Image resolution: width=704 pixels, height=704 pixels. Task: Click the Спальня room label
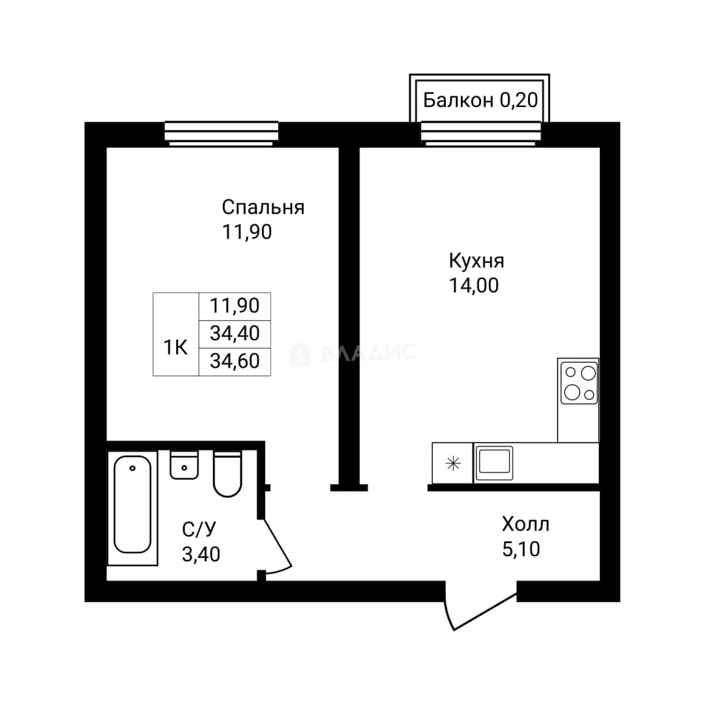click(x=263, y=208)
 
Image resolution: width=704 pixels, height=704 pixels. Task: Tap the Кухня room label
click(x=477, y=261)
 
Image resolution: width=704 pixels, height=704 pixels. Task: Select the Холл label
click(x=525, y=524)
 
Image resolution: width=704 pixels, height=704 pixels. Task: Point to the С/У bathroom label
click(x=199, y=529)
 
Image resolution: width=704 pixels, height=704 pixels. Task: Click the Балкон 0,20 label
click(x=480, y=100)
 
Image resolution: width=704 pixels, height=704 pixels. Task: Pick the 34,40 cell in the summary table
click(x=235, y=334)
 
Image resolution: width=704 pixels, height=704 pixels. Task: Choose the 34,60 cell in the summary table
click(x=235, y=361)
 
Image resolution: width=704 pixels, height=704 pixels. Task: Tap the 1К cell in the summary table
click(x=175, y=347)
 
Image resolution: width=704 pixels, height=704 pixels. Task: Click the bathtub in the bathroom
click(x=132, y=508)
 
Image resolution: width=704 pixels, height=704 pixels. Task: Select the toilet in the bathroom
click(x=227, y=474)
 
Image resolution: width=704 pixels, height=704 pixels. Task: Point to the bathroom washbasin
click(x=184, y=465)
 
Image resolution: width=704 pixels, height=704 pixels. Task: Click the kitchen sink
click(x=494, y=463)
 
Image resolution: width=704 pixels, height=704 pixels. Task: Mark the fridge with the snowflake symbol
click(x=452, y=463)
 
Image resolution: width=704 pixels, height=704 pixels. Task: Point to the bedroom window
click(x=222, y=134)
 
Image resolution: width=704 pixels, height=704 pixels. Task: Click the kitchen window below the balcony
click(x=481, y=134)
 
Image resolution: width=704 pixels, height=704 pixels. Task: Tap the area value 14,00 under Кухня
click(x=474, y=286)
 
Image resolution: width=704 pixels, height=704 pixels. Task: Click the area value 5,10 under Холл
click(x=521, y=549)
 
